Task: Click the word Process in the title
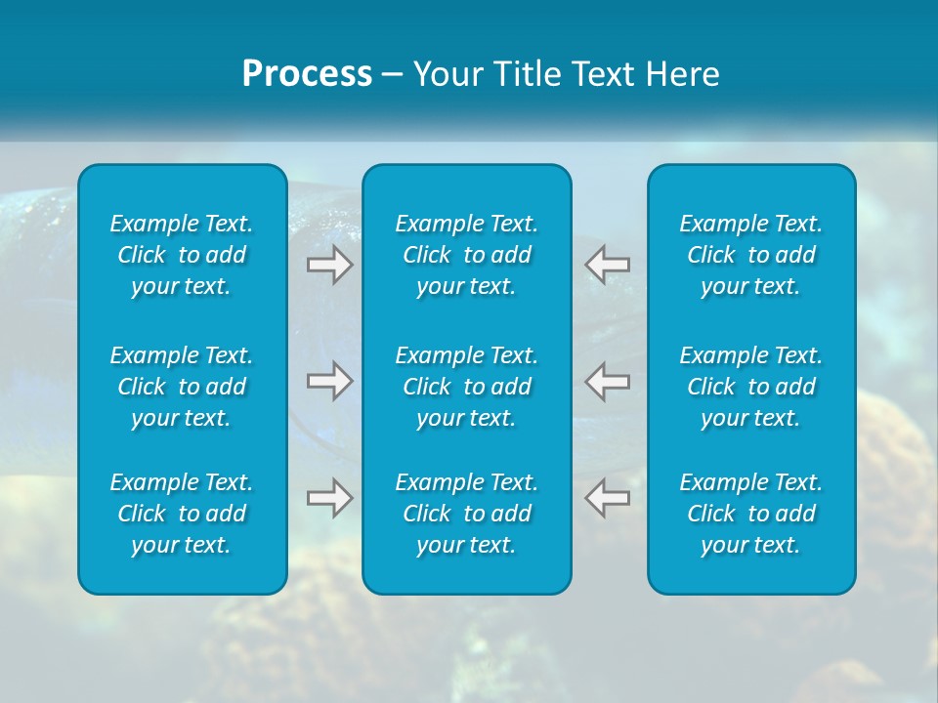point(307,74)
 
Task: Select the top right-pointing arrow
point(329,265)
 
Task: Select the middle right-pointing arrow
point(329,381)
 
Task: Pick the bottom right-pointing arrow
point(329,498)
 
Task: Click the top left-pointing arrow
point(608,265)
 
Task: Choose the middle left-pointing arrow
point(608,381)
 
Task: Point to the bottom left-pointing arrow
point(608,498)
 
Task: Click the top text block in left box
point(182,255)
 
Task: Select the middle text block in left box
point(182,387)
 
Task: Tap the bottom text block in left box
point(182,514)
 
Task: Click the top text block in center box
point(467,255)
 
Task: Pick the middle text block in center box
point(467,387)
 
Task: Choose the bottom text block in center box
point(467,514)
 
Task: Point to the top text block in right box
point(751,255)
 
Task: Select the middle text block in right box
point(751,387)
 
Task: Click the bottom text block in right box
point(751,514)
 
